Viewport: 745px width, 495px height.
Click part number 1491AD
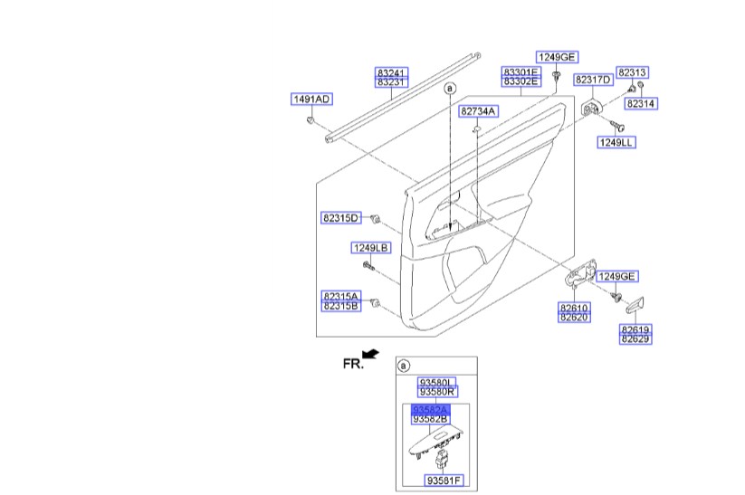coord(310,99)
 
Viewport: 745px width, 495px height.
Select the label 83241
coord(392,71)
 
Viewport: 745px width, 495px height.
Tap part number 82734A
coord(477,111)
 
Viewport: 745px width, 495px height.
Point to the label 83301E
coord(521,71)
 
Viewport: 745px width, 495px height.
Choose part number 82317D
coord(594,81)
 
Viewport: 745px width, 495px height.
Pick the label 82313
coord(633,71)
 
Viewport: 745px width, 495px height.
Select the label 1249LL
coord(616,142)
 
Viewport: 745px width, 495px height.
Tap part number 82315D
coord(340,218)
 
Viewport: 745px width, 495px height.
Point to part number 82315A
coord(340,296)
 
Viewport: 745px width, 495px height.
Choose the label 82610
coord(574,308)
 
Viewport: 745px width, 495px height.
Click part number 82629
coord(635,338)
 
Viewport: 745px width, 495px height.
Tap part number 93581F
coord(444,479)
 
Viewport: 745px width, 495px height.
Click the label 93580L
coord(436,382)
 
